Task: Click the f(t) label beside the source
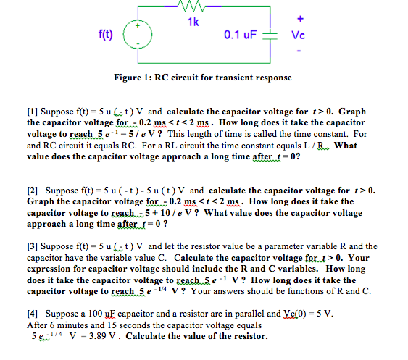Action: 105,34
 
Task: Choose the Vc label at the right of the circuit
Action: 299,35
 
